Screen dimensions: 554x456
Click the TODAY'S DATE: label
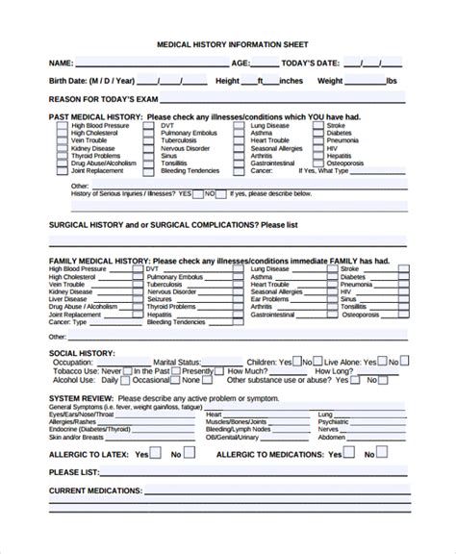[306, 63]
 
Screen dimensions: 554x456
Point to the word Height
[228, 81]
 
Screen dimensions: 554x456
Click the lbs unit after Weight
[391, 81]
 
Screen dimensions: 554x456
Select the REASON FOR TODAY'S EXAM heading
[103, 99]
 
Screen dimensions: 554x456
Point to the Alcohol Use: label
[71, 381]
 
